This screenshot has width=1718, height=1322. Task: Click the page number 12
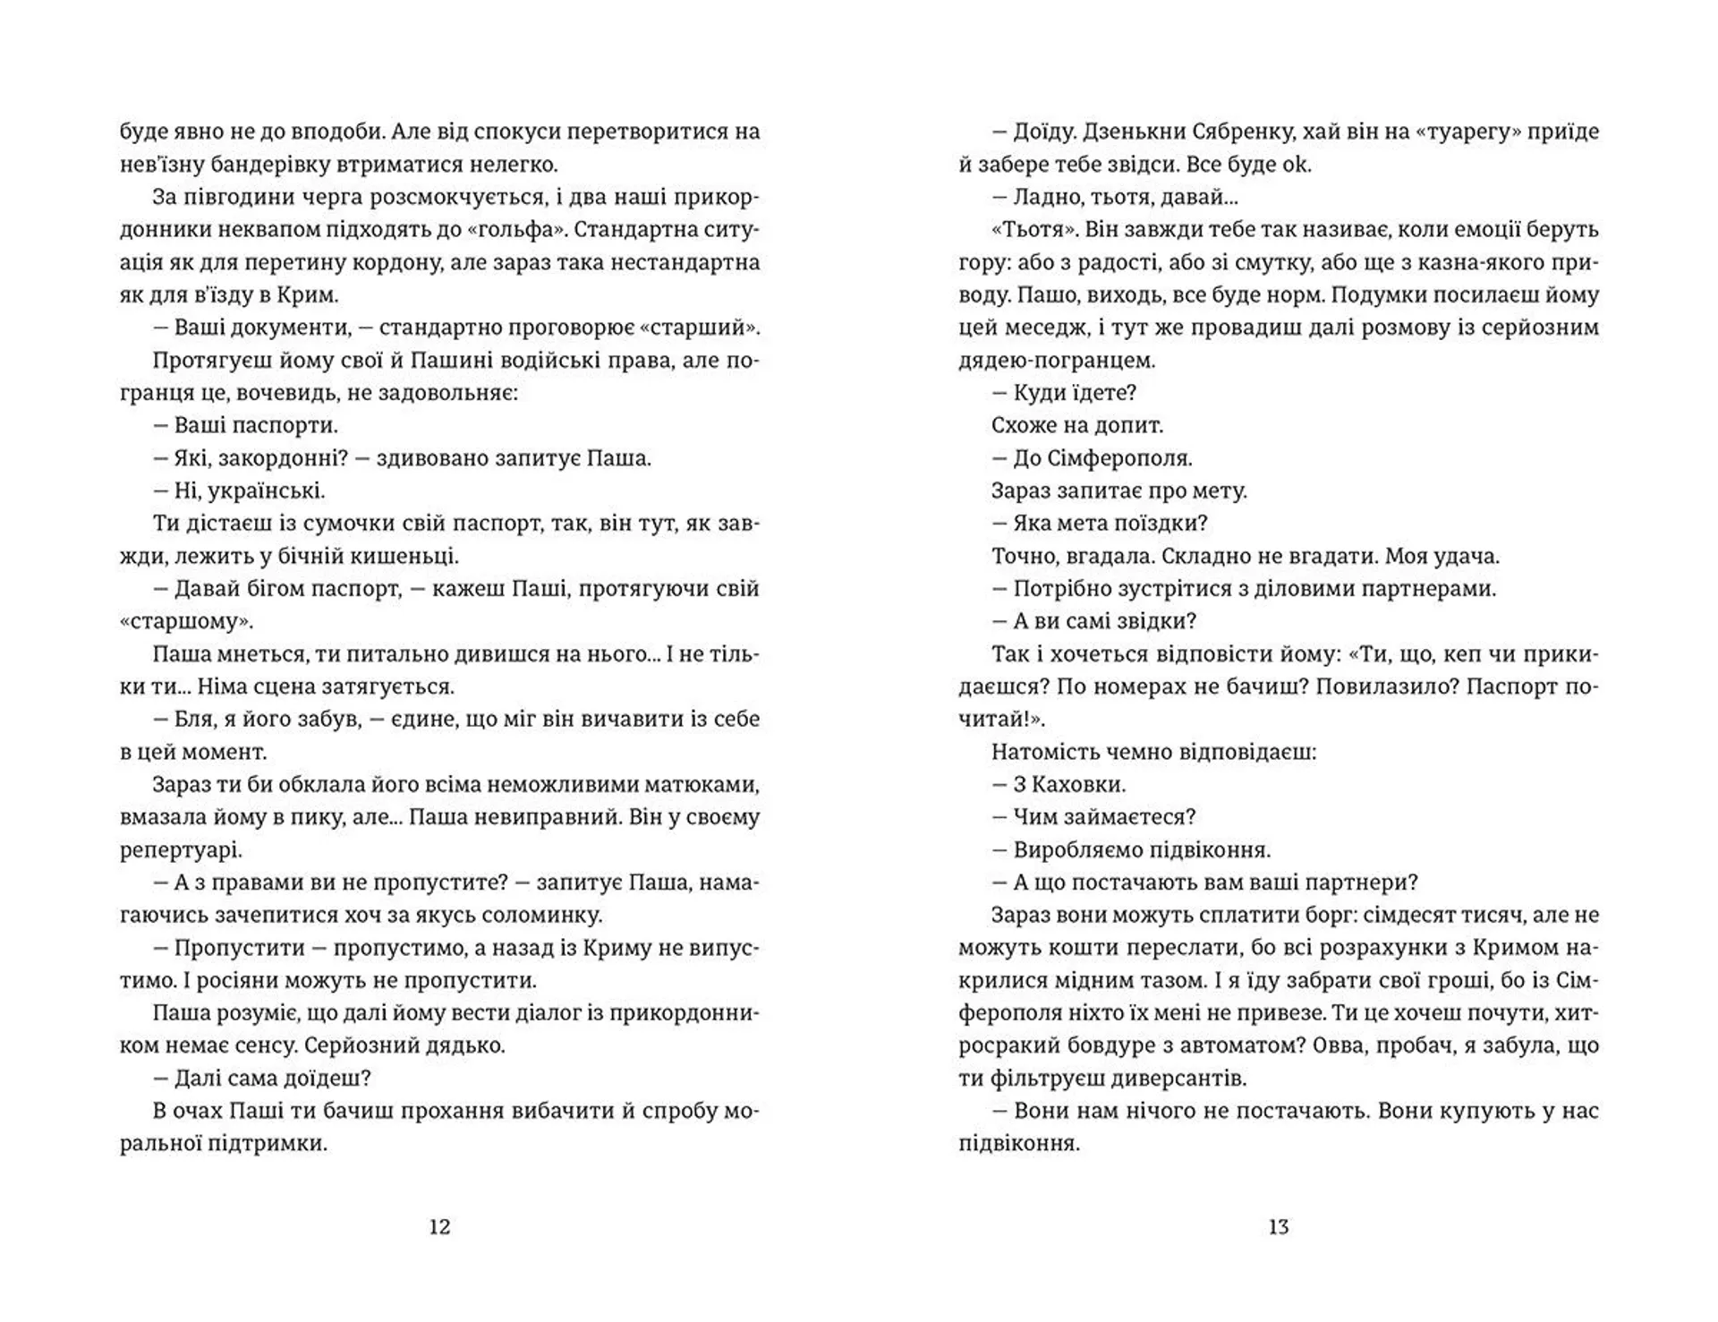tap(439, 1227)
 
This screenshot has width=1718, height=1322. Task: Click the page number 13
tap(1278, 1227)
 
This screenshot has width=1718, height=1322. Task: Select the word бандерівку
tap(241, 165)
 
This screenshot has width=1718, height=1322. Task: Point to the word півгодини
tap(234, 197)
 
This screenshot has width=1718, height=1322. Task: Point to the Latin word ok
tap(1296, 165)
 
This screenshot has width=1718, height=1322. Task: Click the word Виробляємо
tap(1076, 849)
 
